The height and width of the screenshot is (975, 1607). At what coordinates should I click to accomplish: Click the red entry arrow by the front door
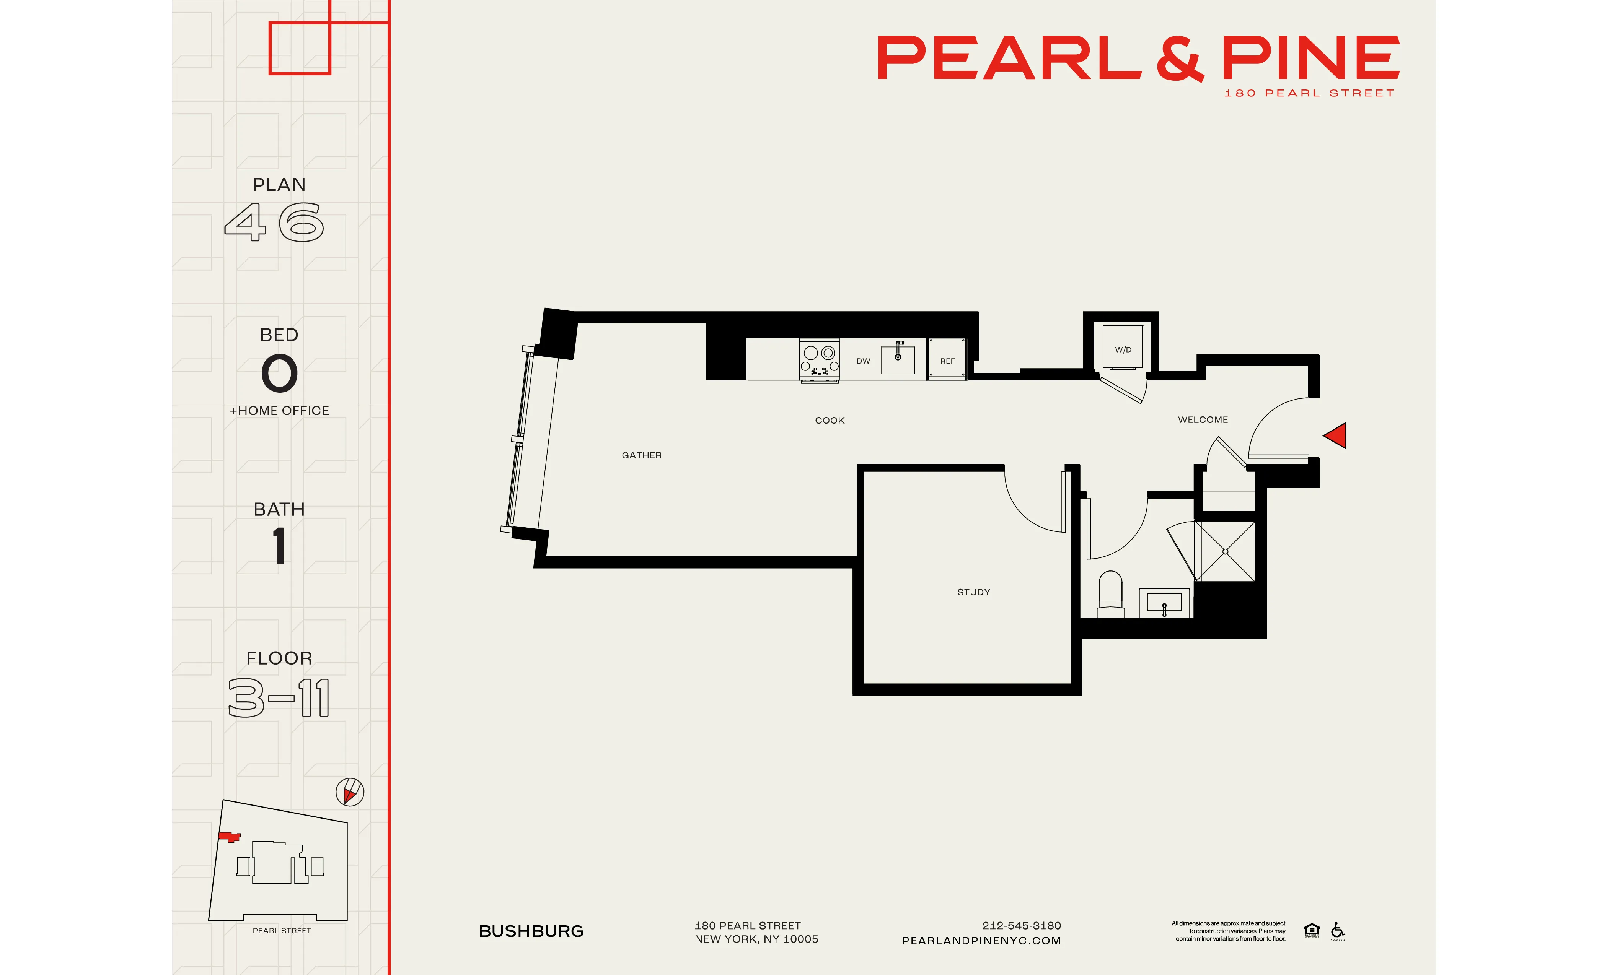point(1336,435)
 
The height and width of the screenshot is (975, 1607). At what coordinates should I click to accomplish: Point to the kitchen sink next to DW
point(898,359)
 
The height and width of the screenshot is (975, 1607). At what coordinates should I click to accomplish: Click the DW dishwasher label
point(863,361)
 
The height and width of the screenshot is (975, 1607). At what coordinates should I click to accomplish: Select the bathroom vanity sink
point(1164,603)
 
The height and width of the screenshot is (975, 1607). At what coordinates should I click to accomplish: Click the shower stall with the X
point(1226,551)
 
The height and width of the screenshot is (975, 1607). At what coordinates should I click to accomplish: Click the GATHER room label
point(642,455)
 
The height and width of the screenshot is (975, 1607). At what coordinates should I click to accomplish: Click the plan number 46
point(275,222)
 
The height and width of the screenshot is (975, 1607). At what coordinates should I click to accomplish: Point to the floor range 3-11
point(279,697)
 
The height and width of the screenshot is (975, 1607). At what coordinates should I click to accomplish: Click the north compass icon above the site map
point(350,792)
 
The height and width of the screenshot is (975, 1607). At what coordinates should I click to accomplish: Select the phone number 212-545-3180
point(1021,925)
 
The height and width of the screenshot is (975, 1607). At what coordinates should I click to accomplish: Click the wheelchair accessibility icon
point(1338,930)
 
